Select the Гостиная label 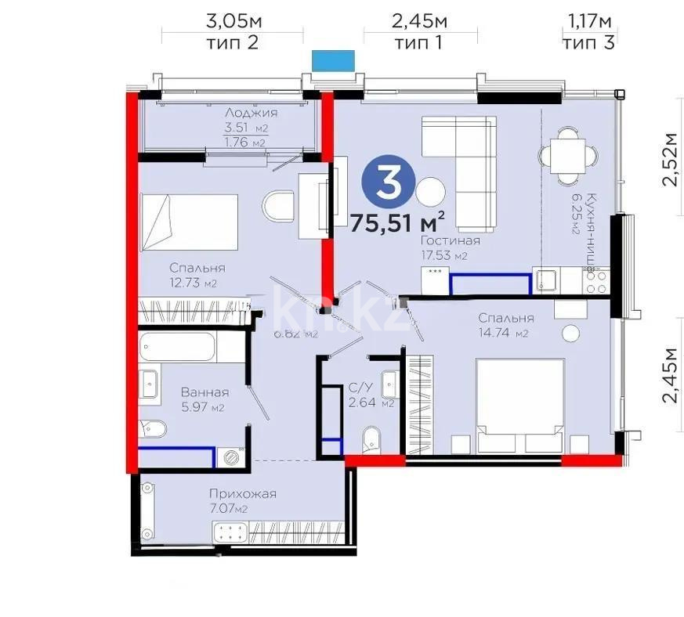(x=449, y=240)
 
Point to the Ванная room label (x=204, y=392)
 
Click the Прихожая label (x=242, y=493)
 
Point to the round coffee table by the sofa (x=429, y=191)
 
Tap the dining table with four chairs (x=566, y=156)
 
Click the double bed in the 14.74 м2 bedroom (x=520, y=405)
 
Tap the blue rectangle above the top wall (x=333, y=60)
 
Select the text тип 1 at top (x=419, y=43)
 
